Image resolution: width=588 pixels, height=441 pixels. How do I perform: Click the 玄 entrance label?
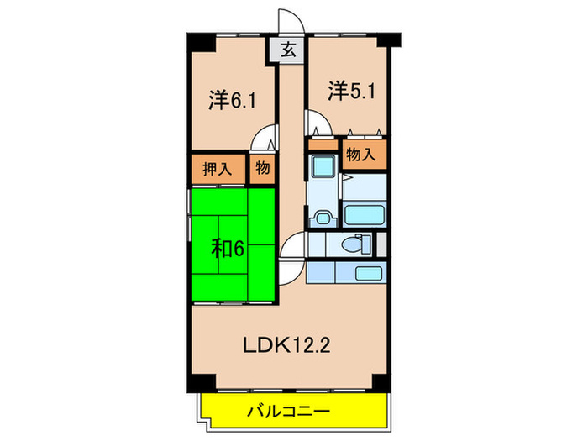click(288, 50)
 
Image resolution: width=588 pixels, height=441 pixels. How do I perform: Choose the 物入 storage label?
click(363, 155)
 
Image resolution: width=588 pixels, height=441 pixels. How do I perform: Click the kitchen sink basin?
click(365, 273)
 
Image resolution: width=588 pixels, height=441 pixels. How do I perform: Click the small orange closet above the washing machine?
click(321, 144)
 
